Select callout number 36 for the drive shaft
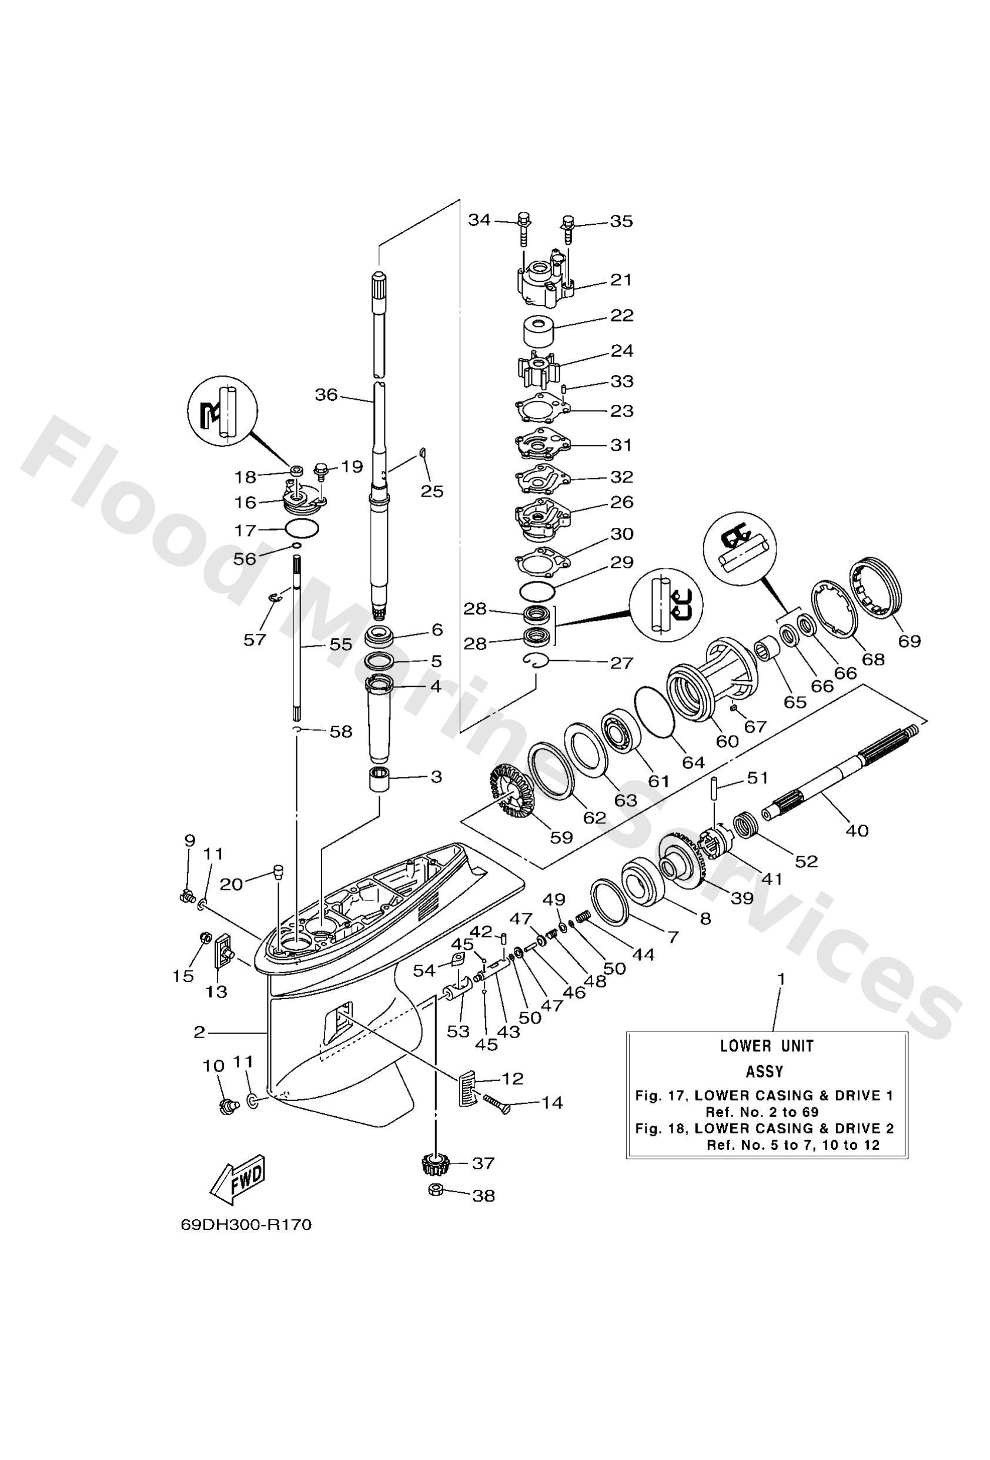coord(326,394)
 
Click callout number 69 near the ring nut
coord(909,641)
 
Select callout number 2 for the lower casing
coord(199,1032)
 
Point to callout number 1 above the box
coord(781,979)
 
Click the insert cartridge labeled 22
coord(537,328)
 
